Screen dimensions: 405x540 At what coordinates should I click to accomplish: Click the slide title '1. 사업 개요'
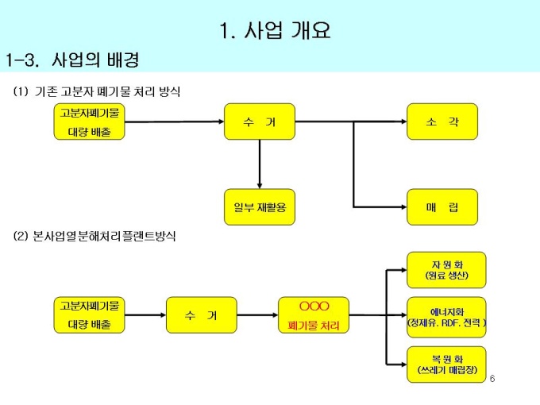click(275, 31)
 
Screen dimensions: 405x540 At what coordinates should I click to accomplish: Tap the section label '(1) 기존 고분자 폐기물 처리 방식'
click(97, 92)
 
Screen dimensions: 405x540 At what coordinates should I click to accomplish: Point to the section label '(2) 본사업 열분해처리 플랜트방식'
click(94, 237)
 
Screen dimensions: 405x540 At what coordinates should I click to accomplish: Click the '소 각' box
click(442, 121)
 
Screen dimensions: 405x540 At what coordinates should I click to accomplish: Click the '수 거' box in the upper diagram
click(260, 121)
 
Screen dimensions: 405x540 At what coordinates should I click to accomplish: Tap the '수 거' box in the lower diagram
click(201, 316)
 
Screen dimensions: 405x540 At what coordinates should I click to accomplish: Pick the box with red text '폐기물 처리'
click(314, 316)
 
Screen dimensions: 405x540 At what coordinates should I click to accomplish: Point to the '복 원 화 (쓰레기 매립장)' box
click(446, 364)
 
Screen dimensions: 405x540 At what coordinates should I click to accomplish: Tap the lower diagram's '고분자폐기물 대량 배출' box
click(90, 316)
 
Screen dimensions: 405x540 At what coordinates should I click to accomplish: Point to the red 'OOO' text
click(314, 307)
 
